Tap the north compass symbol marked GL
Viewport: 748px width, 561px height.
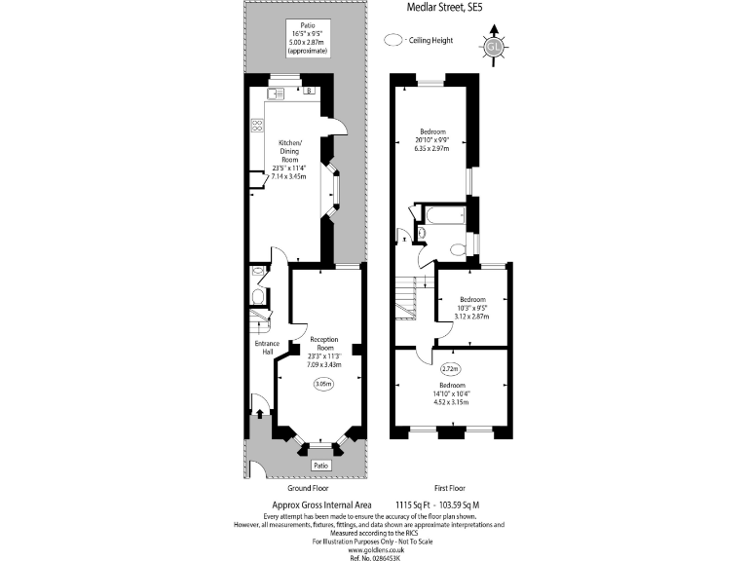494,46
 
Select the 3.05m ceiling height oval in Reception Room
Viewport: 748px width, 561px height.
322,384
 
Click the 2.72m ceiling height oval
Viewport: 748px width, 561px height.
450,369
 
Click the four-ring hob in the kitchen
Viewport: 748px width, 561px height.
257,125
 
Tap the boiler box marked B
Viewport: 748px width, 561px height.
309,91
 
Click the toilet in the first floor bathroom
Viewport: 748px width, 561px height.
421,233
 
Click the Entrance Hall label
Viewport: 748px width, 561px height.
267,348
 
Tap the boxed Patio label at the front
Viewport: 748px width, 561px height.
319,467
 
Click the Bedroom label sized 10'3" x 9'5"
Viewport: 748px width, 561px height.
472,299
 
